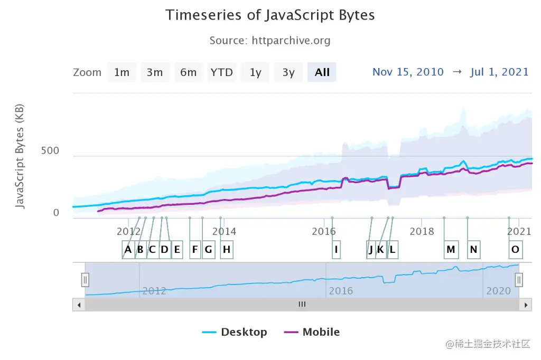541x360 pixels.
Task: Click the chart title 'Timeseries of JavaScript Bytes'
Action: pos(270,15)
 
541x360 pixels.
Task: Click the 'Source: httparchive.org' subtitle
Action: pos(270,41)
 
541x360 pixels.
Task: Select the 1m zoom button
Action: pos(122,72)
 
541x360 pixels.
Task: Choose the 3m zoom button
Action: pos(155,72)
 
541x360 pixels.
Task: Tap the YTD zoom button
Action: pos(221,72)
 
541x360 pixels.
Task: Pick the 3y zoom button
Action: pos(288,72)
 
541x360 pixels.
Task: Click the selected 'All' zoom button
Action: pos(322,72)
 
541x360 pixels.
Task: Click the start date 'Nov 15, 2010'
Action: pos(408,72)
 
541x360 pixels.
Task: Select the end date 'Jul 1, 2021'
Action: pos(499,72)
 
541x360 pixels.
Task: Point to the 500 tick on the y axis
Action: pos(50,151)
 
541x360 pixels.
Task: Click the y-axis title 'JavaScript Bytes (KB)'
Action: pos(20,156)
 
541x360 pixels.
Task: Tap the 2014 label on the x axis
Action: pos(224,231)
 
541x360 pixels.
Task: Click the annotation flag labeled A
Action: pos(128,250)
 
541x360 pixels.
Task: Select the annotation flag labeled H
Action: pos(227,250)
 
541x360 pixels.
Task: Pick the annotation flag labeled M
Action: pos(451,250)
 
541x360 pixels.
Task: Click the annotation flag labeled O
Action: pos(515,250)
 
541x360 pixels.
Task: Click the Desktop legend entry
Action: pos(235,332)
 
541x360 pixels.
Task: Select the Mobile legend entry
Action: pos(312,332)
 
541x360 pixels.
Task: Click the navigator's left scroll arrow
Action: pos(79,305)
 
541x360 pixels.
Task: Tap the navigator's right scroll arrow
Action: pos(525,305)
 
